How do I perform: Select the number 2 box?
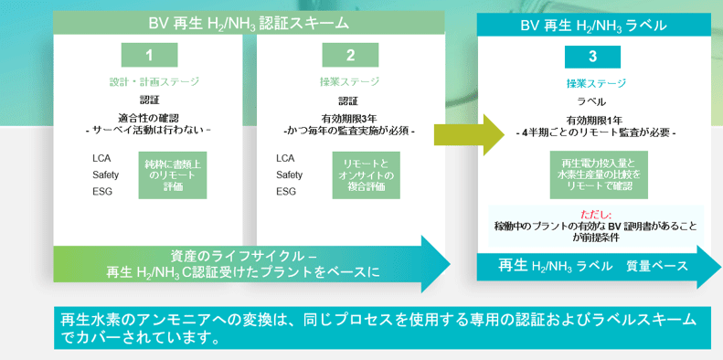pyautogui.click(x=349, y=57)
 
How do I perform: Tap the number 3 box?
pyautogui.click(x=592, y=57)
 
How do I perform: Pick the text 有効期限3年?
pyautogui.click(x=348, y=117)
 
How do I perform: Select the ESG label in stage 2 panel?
pyautogui.click(x=286, y=191)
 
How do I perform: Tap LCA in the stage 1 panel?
pyautogui.click(x=102, y=158)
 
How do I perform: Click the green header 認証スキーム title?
pyautogui.click(x=248, y=21)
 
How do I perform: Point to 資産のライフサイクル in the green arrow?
pyautogui.click(x=243, y=255)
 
